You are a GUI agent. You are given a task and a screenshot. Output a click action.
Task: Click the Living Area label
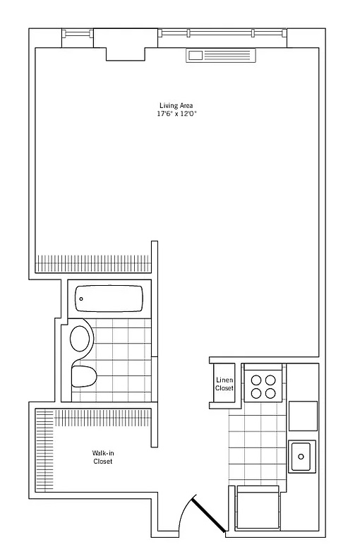point(176,105)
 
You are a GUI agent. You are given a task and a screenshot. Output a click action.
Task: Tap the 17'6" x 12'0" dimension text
point(176,114)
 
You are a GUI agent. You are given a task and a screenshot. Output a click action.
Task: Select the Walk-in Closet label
point(103,457)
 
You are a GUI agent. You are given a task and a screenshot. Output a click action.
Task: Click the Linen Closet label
point(224,384)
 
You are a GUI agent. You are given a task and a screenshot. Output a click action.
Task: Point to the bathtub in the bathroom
point(109,299)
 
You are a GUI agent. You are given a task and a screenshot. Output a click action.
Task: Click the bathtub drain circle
point(81,299)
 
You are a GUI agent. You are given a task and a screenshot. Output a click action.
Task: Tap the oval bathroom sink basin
point(80,339)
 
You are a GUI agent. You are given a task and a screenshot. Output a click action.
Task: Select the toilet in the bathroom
point(84,376)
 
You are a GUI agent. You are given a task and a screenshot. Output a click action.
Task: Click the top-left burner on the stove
point(256,380)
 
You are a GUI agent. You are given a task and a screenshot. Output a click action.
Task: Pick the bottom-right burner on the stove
point(270,393)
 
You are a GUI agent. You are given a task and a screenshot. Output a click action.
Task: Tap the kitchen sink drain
point(301,457)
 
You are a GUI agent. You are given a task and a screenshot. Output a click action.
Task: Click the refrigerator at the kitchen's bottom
point(258,507)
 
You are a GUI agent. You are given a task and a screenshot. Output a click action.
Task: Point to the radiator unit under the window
point(221,56)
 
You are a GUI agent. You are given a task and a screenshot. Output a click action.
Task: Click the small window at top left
point(78,34)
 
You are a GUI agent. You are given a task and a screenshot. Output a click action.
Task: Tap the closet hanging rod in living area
point(93,263)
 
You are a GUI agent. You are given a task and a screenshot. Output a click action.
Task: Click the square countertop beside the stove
point(303,416)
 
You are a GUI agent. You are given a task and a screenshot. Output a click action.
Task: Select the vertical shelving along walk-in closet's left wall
point(44,450)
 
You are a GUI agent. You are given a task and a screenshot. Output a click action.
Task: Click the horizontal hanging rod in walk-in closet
point(102,418)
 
